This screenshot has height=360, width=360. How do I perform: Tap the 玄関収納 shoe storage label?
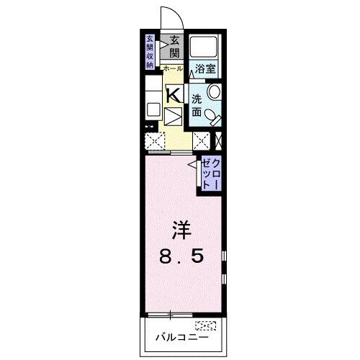point(150,51)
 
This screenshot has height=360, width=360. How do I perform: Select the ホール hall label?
point(173,68)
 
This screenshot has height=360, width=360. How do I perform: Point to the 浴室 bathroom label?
point(205,69)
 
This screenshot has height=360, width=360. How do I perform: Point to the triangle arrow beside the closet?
point(193,166)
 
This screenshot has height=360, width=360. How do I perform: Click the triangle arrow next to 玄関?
point(164,43)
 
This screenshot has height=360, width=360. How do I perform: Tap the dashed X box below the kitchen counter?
point(154,140)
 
